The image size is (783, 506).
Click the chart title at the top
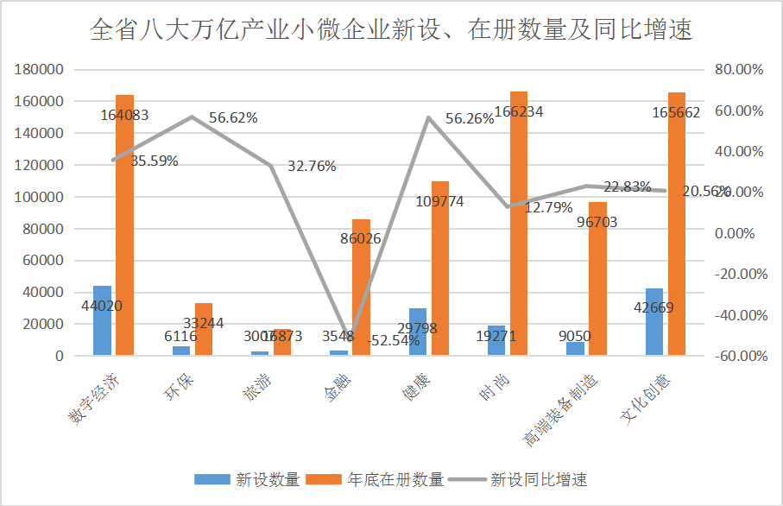click(391, 32)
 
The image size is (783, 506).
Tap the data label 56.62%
click(233, 118)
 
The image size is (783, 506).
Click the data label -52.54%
click(394, 340)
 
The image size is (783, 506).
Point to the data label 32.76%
click(312, 167)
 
